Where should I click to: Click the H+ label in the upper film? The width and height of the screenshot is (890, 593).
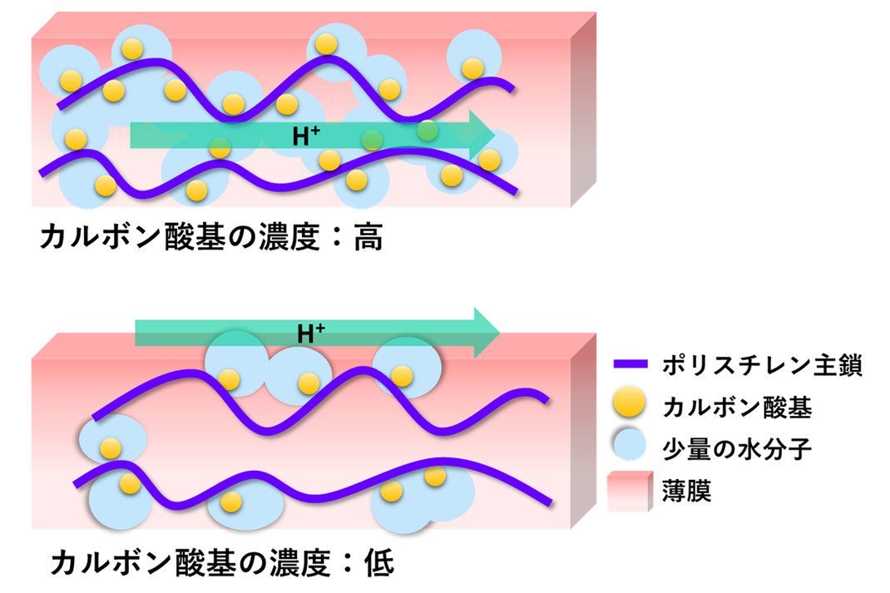(x=306, y=136)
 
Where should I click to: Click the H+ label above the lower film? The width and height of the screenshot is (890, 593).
(x=311, y=334)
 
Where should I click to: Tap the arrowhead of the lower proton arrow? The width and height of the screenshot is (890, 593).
(x=487, y=333)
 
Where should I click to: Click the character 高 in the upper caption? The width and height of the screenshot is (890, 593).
(x=368, y=237)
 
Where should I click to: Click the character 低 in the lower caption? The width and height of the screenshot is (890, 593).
(x=378, y=564)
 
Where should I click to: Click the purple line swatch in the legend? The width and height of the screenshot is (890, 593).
(x=630, y=364)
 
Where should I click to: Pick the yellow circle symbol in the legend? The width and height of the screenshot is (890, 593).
(x=630, y=402)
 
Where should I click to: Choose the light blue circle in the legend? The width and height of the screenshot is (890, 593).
(x=630, y=444)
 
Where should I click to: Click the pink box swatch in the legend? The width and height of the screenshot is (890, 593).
(x=630, y=491)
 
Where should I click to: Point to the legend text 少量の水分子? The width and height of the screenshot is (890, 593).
(x=737, y=449)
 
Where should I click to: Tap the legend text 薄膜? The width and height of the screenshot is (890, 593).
(x=687, y=491)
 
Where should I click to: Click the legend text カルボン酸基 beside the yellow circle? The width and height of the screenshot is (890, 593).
(x=737, y=407)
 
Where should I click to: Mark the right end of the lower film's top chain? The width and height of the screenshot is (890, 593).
(x=547, y=400)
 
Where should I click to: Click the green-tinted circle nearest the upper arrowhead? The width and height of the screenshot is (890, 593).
(x=427, y=131)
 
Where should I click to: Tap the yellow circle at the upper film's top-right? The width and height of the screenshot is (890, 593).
(x=472, y=68)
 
